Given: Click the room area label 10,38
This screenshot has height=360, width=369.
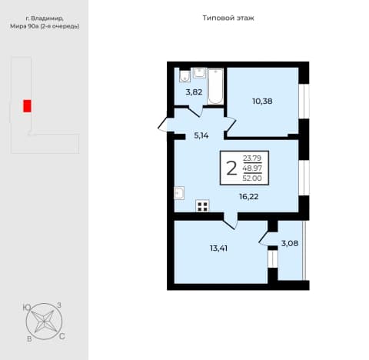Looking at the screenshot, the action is pyautogui.click(x=262, y=102).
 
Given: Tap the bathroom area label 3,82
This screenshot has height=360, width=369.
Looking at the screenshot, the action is pyautogui.click(x=194, y=92).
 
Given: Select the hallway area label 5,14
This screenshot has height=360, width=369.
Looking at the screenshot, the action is pyautogui.click(x=201, y=135).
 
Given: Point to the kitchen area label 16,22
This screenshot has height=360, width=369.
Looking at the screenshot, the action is pyautogui.click(x=249, y=197).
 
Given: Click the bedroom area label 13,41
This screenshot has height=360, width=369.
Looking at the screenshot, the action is pyautogui.click(x=218, y=248).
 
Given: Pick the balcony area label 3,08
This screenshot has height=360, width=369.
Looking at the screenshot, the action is pyautogui.click(x=290, y=243).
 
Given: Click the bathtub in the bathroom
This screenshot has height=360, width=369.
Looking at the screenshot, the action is pyautogui.click(x=215, y=86).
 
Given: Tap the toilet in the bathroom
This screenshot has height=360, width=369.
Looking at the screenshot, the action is pyautogui.click(x=184, y=75).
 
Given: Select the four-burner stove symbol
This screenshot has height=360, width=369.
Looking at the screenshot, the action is pyautogui.click(x=202, y=206).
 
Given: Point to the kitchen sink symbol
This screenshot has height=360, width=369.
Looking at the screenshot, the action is pyautogui.click(x=179, y=193).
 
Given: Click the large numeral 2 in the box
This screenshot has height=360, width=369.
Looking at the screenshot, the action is pyautogui.click(x=231, y=168).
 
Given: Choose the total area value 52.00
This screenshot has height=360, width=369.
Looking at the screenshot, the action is pyautogui.click(x=252, y=178).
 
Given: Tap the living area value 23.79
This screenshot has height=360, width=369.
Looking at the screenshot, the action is pyautogui.click(x=252, y=158).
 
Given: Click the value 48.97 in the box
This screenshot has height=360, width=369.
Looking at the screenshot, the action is pyautogui.click(x=252, y=168).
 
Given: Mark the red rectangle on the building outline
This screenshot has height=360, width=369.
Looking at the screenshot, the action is pyautogui.click(x=27, y=106).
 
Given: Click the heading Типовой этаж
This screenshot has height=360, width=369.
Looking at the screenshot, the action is pyautogui.click(x=228, y=18).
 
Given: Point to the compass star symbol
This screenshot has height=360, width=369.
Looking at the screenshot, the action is pyautogui.click(x=44, y=322).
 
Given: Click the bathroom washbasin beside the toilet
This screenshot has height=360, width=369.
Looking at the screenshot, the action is pyautogui.click(x=199, y=72).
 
